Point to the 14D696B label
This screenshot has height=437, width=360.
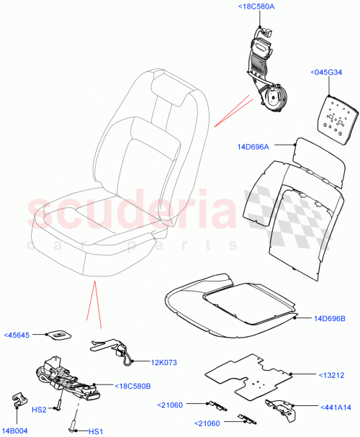click(329, 317)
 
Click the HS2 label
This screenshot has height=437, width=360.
click(41, 409)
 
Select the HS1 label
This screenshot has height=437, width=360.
click(96, 431)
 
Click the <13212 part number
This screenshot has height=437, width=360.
click(332, 374)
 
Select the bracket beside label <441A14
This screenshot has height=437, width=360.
click(283, 408)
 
